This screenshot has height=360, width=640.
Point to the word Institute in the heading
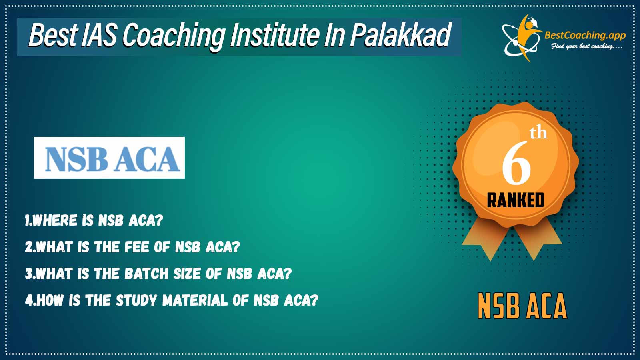[x=275, y=36]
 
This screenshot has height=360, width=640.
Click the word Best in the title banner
[x=52, y=36]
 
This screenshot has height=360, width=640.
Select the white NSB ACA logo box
[x=110, y=158]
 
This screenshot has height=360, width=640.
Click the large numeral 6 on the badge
[x=516, y=163]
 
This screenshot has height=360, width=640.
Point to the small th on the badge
[x=538, y=134]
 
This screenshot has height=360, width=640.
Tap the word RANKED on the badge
[x=516, y=200]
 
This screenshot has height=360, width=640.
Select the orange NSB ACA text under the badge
[x=522, y=306]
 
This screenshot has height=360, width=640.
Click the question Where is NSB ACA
[x=94, y=220]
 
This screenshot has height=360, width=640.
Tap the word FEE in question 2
[x=137, y=247]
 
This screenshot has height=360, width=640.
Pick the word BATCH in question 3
[x=146, y=274]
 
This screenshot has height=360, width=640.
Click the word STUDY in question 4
[x=136, y=300]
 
